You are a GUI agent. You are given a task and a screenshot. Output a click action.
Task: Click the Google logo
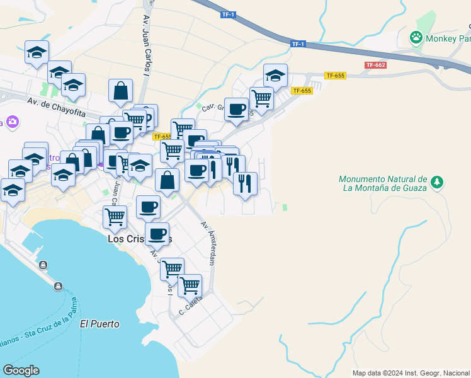[x=21, y=370]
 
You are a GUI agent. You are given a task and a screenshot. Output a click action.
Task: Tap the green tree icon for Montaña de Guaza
[x=436, y=183]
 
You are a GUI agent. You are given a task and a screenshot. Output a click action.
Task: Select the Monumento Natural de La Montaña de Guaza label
[x=383, y=183]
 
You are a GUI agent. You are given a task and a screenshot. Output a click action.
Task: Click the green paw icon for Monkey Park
[x=416, y=37]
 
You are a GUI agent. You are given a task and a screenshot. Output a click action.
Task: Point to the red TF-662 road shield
[x=375, y=65]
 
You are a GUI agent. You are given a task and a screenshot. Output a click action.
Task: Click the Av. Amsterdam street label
[x=208, y=243]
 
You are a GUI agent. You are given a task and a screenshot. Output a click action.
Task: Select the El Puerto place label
[x=99, y=324]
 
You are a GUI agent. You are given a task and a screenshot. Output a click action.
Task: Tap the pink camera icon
[x=12, y=122]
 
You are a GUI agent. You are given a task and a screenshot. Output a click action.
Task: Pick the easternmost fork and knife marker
[x=245, y=183]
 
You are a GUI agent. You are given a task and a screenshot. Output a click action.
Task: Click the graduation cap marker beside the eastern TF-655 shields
[x=275, y=76]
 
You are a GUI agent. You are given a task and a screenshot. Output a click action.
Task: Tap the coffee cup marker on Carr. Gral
[x=237, y=109]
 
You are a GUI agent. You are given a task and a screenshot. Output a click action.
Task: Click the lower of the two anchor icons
[x=57, y=287]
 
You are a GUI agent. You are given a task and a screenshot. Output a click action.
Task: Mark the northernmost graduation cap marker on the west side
[x=37, y=52]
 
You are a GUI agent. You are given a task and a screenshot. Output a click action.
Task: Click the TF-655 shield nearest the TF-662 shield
[x=335, y=76]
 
